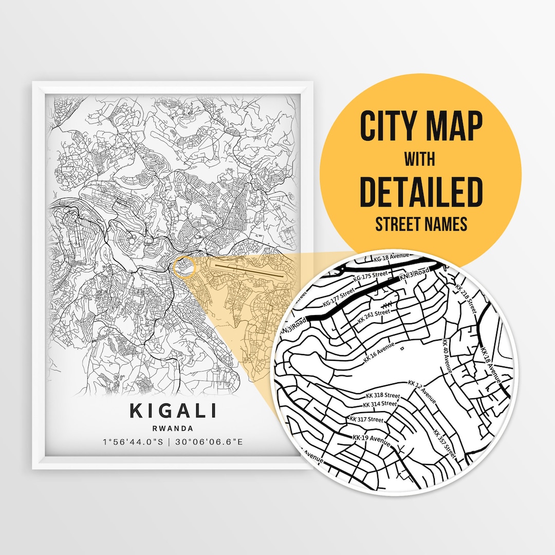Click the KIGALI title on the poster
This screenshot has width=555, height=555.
(x=173, y=411)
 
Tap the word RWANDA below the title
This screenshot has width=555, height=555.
(x=173, y=428)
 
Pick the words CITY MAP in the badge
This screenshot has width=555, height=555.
(x=420, y=126)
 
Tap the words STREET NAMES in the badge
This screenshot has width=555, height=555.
(x=420, y=225)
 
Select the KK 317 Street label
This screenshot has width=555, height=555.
(x=366, y=419)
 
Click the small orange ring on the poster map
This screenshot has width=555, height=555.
(x=185, y=266)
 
